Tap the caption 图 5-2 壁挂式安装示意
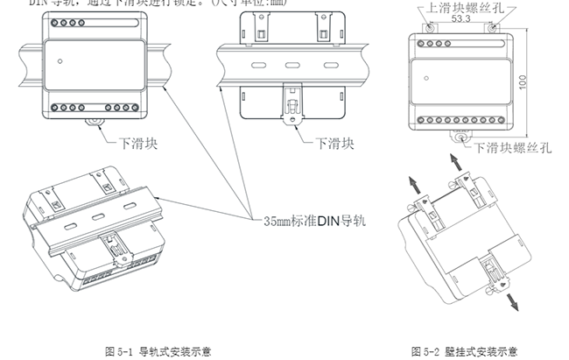click(x=464, y=351)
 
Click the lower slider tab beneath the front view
click(x=94, y=122)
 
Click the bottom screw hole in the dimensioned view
click(x=460, y=135)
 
